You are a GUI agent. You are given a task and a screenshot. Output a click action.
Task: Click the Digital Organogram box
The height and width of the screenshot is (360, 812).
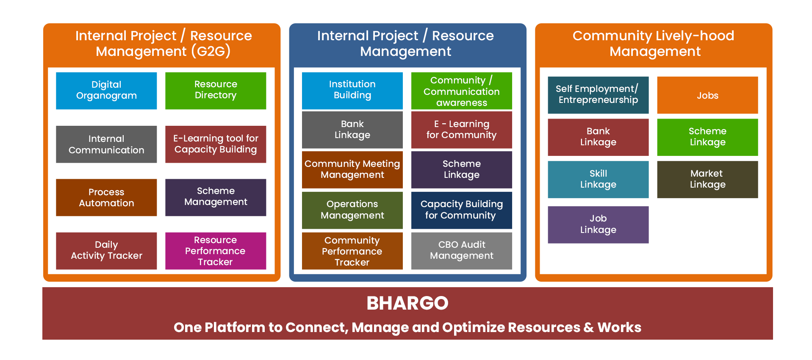coord(106,91)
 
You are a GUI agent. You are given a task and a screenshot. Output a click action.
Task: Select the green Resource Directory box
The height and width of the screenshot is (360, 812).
coord(216,91)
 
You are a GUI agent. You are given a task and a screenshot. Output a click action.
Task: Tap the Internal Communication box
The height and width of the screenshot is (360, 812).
coord(106,144)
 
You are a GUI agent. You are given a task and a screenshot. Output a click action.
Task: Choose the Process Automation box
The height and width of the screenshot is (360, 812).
coord(106,197)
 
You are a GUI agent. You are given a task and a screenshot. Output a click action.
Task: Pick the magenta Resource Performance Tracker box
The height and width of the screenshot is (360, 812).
coord(216,251)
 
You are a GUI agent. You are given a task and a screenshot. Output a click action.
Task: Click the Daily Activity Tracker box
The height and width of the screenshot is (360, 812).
coord(106,251)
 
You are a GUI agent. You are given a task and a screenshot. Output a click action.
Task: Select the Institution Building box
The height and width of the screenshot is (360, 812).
coord(352,91)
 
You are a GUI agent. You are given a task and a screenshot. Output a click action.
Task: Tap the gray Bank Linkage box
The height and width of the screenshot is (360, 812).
coord(352,130)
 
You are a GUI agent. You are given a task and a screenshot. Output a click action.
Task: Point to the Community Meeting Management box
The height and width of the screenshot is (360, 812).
coord(352,169)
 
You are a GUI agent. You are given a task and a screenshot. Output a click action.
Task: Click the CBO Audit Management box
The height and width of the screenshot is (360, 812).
coord(462,251)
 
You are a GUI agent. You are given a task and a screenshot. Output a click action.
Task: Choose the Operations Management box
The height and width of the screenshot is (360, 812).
coord(352,210)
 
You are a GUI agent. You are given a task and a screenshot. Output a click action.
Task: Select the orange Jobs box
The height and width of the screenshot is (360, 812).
coord(707,95)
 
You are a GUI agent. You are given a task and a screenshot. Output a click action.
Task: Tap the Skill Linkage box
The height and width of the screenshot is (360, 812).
coord(598,179)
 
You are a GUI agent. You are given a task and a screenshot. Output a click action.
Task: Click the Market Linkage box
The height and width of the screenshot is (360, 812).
coord(707,179)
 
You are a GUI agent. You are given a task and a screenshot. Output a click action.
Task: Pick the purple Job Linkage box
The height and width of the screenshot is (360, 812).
coord(598,224)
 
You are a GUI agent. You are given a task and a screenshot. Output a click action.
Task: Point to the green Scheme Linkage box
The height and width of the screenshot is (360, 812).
coord(707,137)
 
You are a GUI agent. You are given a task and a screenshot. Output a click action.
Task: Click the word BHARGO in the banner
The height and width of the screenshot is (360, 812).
coord(407,303)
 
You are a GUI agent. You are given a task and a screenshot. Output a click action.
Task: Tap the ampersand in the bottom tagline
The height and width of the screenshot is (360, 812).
coord(589,327)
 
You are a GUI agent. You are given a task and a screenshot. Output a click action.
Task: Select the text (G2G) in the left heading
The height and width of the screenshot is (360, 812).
coord(211,51)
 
